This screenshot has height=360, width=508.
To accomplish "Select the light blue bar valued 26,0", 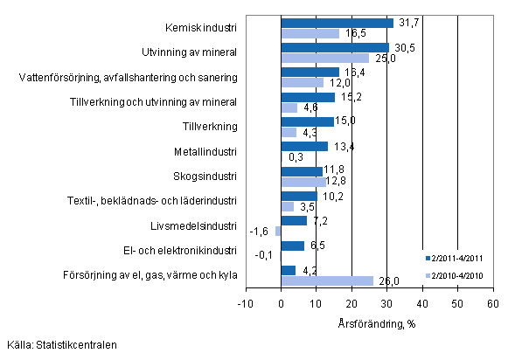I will point(327,280).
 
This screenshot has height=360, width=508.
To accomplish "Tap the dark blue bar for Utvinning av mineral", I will point(335,47).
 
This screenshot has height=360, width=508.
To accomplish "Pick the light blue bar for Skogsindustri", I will point(303,182).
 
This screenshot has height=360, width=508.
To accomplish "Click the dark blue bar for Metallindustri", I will point(304,146).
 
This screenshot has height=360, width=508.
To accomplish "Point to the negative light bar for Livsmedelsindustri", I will point(278,231).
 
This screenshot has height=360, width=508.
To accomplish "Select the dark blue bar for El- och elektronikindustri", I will point(292,246).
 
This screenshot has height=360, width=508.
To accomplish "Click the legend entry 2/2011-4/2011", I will point(455,259).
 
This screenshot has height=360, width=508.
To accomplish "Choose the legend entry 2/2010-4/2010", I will point(455,275).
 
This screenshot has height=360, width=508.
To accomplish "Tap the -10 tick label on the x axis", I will point(245,303).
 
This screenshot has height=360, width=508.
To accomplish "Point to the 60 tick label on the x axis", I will point(492,303).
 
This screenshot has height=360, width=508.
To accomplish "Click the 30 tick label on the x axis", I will point(386,303).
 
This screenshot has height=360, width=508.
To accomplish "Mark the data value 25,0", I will point(383,59).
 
